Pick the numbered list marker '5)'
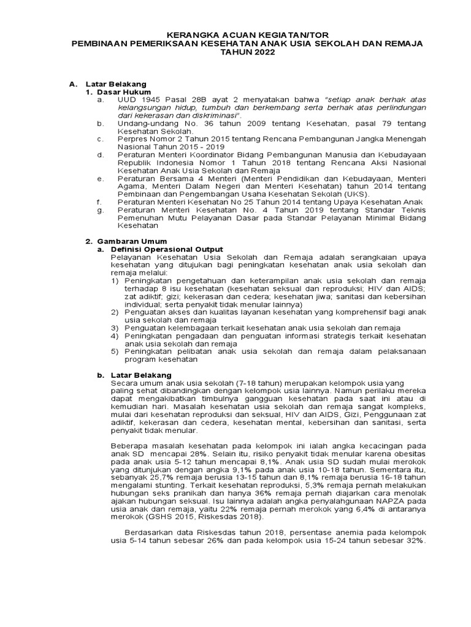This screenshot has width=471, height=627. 115,351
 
